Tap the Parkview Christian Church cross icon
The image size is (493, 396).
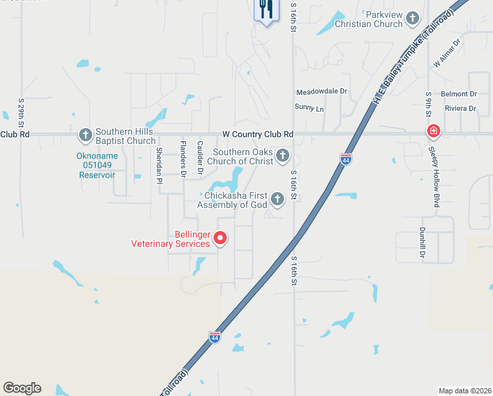point(413,18)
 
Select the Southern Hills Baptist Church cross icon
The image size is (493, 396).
point(85,135)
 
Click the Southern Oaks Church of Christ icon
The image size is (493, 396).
point(282,156)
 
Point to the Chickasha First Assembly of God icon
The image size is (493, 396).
point(277,198)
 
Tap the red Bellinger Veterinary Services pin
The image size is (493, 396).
point(221,238)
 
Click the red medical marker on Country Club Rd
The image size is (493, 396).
point(433,131)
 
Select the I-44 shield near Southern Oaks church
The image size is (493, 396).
point(346,159)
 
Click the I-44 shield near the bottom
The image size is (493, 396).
point(215,337)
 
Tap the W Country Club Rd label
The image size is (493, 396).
point(258,134)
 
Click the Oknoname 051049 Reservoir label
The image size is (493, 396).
point(97,166)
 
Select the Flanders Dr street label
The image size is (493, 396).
point(183,158)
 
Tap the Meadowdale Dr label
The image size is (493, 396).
point(322,92)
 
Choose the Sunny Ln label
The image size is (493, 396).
point(310,108)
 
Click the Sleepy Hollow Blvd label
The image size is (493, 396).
point(434,178)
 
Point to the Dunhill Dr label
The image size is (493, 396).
point(422,242)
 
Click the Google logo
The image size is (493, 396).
point(22,388)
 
